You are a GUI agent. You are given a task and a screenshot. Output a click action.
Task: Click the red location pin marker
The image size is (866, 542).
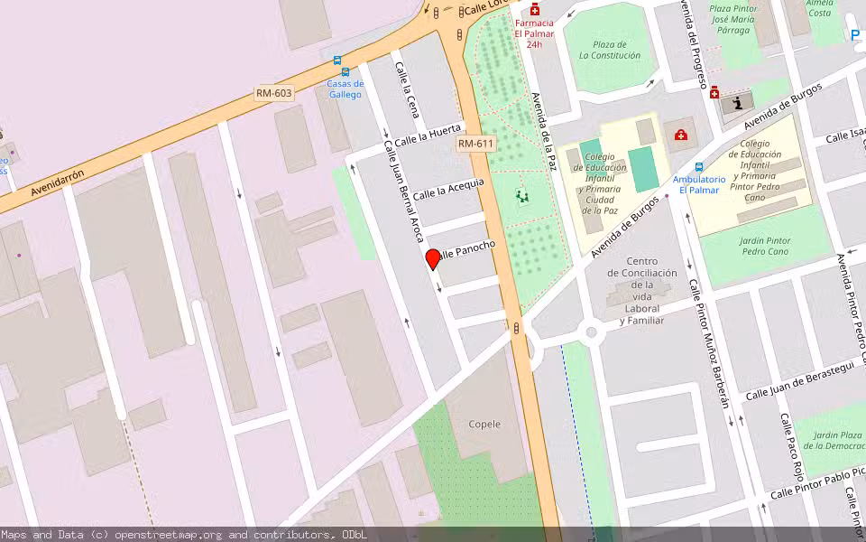click(x=433, y=258)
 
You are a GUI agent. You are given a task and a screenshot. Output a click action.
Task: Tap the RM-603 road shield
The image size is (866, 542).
click(x=274, y=93)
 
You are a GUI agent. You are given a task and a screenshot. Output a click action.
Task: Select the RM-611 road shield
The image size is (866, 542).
click(x=475, y=144)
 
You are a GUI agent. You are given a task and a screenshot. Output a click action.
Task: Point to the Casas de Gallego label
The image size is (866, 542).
click(x=345, y=89)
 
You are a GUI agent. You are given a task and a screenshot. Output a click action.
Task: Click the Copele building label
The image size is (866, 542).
click(x=484, y=424)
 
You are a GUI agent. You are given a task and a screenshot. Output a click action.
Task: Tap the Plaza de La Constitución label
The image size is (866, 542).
click(x=610, y=50)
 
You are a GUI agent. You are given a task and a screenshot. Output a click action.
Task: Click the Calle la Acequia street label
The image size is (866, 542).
click(x=449, y=188)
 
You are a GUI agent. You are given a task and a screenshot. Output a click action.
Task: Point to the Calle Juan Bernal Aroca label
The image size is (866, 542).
click(x=403, y=192)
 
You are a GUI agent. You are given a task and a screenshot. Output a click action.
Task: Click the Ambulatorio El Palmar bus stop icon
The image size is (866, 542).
click(x=699, y=167)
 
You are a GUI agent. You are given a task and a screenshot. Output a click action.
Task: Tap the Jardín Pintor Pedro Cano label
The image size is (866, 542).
click(x=752, y=246)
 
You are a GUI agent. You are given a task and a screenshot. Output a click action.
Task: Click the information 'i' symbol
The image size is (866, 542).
click(x=739, y=103)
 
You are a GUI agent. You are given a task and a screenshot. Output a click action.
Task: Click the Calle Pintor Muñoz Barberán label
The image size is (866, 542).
click(x=709, y=343)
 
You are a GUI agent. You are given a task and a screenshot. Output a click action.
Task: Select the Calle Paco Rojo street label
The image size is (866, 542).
click(x=791, y=446)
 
